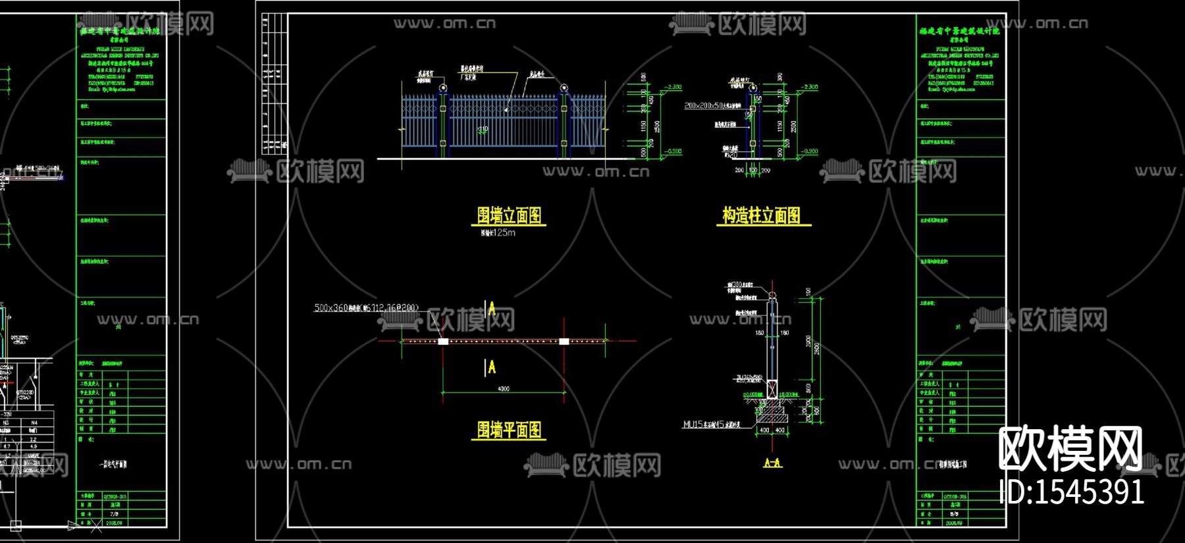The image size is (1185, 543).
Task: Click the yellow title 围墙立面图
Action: (509, 215)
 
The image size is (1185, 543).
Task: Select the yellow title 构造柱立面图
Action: (762, 215)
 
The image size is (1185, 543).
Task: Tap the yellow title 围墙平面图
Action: (509, 430)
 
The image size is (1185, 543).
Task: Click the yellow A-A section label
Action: (772, 463)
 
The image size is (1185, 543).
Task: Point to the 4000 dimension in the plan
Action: (503, 389)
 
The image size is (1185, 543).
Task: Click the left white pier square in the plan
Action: (443, 341)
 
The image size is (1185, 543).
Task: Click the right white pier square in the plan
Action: (564, 341)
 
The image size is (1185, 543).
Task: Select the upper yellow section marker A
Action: (491, 308)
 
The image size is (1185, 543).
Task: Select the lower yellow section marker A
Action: (491, 367)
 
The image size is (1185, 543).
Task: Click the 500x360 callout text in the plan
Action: (365, 307)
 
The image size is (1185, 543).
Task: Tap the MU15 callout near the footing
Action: (711, 425)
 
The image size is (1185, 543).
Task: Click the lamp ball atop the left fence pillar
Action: (443, 88)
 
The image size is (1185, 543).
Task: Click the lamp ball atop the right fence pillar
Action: (564, 88)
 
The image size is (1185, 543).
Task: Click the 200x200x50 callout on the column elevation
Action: (712, 105)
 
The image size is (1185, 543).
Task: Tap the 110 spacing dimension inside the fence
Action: (483, 130)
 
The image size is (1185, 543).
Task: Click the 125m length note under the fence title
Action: (498, 232)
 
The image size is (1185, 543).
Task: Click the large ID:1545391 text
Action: (1071, 492)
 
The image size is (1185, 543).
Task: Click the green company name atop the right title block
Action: (959, 31)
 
